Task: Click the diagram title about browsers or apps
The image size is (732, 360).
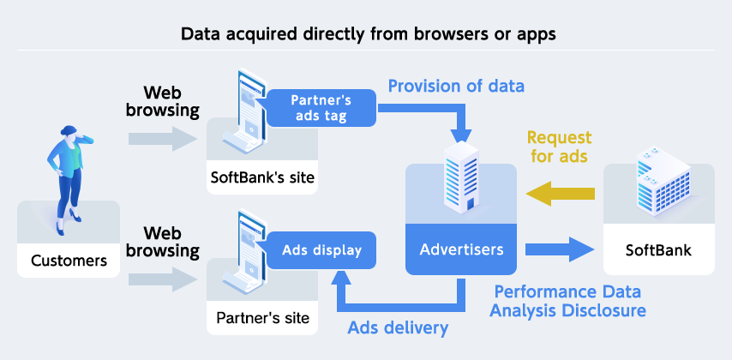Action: point(366,35)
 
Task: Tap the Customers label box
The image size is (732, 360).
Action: point(69,260)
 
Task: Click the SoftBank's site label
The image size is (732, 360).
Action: point(262,178)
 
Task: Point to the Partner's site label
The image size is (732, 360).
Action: point(262,319)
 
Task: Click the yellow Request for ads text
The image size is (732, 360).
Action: point(559,147)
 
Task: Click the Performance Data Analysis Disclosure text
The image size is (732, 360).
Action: point(568,300)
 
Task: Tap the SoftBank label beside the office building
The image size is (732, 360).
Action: point(658,251)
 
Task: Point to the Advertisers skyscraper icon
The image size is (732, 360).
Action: point(461,178)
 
